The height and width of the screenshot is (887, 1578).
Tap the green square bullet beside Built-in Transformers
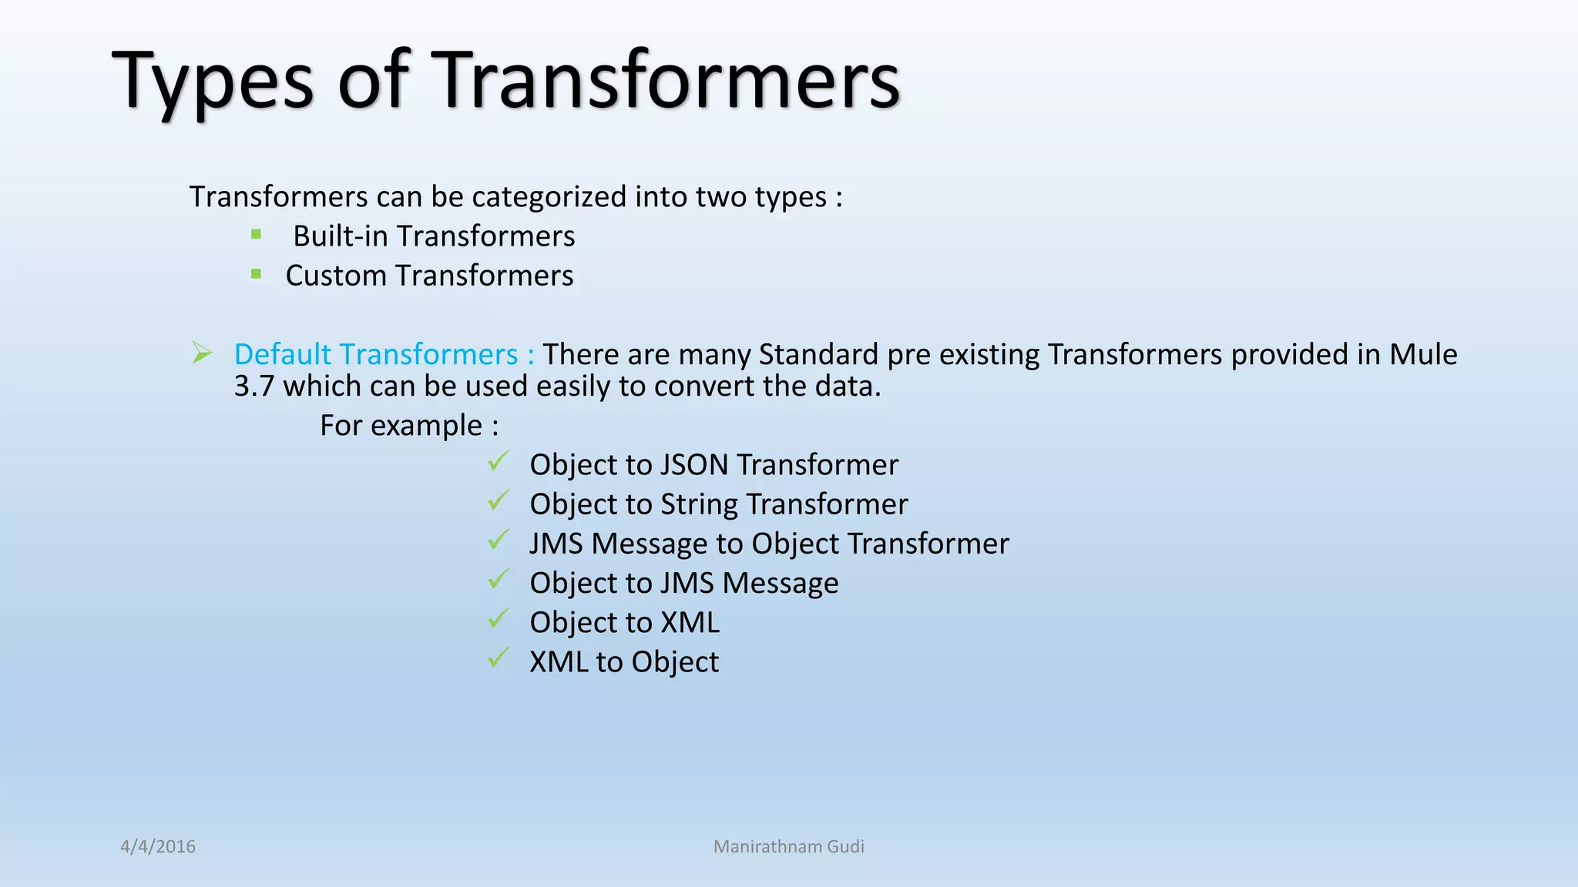pyautogui.click(x=257, y=234)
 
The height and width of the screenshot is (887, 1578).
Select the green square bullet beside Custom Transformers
pyautogui.click(x=257, y=273)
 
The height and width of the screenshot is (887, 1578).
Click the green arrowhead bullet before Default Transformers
pyautogui.click(x=202, y=353)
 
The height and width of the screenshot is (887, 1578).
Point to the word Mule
pyautogui.click(x=1422, y=354)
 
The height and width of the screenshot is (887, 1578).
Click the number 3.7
pyautogui.click(x=253, y=387)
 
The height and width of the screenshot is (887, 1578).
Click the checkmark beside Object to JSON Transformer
pyautogui.click(x=499, y=462)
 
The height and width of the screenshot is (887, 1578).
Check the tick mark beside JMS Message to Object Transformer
pyautogui.click(x=499, y=541)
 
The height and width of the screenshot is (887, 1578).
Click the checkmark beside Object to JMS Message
pyautogui.click(x=499, y=580)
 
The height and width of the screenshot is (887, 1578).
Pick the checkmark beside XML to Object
pyautogui.click(x=499, y=658)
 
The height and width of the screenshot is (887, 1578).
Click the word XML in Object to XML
pyautogui.click(x=690, y=623)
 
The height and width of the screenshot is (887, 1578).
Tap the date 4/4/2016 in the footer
pyautogui.click(x=158, y=846)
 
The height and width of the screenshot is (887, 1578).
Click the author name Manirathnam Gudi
pyautogui.click(x=788, y=846)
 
